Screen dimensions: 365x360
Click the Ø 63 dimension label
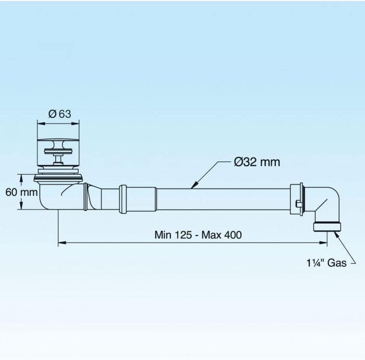coord(59,114)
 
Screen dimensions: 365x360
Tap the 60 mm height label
coord(21,192)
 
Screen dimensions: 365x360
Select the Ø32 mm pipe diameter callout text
coord(257,162)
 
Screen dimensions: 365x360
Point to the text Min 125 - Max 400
coord(198,234)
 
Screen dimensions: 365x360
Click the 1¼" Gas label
coord(326,263)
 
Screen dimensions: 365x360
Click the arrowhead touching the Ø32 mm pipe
coord(194,185)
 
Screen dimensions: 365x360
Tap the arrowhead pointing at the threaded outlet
coord(336,234)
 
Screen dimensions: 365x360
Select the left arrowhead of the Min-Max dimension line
coord(62,243)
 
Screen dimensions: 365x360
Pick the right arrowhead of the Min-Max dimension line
coord(323,243)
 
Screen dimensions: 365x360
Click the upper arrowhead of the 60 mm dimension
coord(21,178)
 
